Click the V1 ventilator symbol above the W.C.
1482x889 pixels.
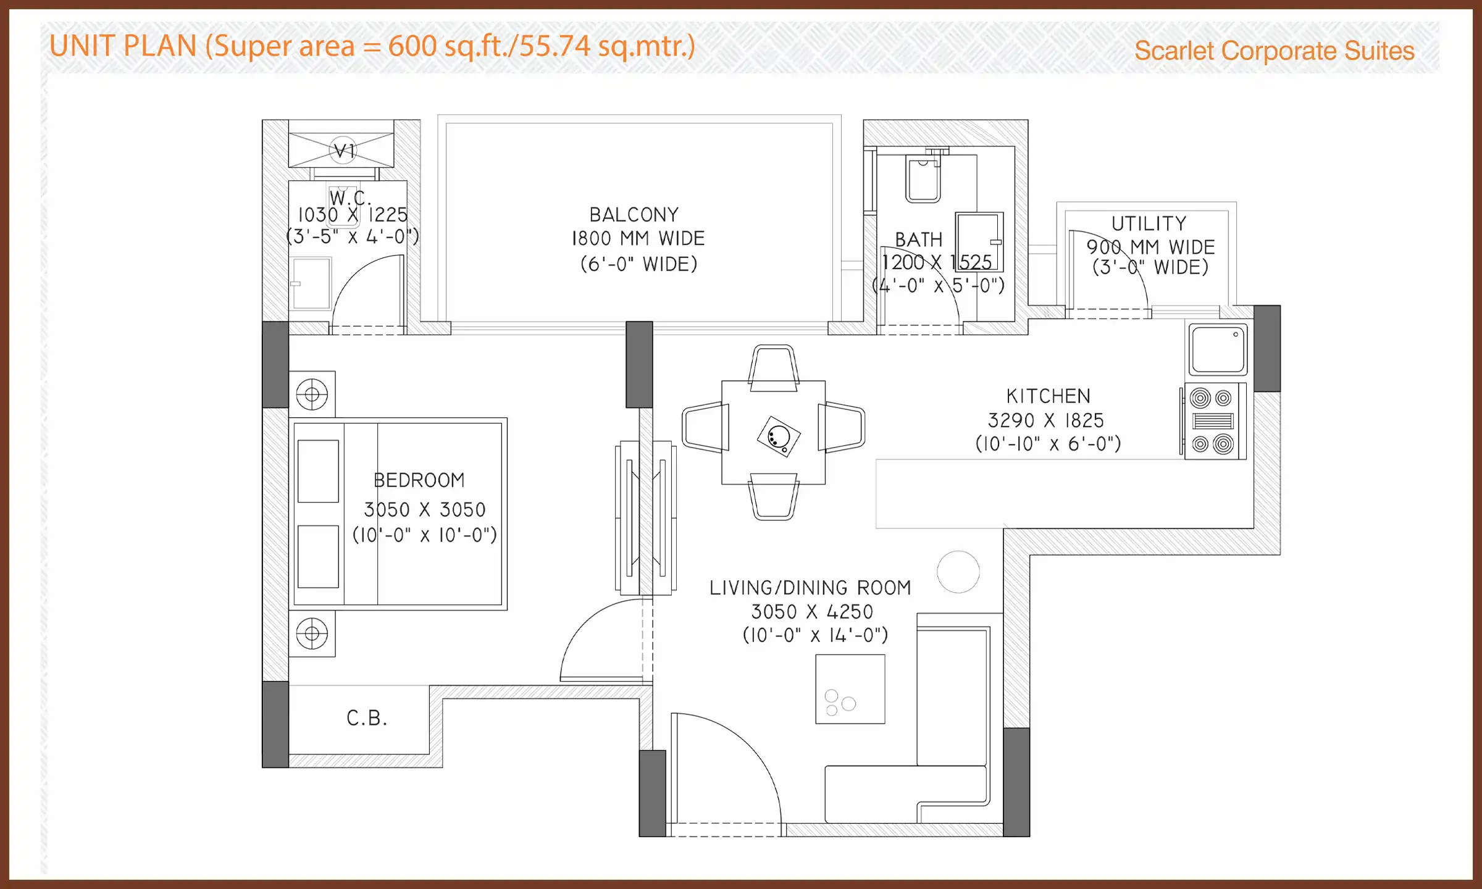tap(343, 150)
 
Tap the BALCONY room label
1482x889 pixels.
tap(634, 215)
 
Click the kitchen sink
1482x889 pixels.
tap(1218, 349)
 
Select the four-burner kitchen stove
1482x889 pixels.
tap(1212, 421)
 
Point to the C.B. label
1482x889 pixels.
tap(367, 719)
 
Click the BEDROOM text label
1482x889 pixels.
tap(419, 480)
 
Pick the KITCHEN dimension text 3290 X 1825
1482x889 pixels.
tap(1045, 420)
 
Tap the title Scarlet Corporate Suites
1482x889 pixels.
tap(1274, 51)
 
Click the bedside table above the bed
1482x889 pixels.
tap(312, 394)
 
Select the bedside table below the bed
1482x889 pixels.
tap(312, 634)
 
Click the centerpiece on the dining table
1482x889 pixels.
tap(779, 436)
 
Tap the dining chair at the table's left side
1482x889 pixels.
tap(705, 427)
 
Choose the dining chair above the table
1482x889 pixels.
tap(774, 369)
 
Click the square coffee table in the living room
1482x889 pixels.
tap(850, 689)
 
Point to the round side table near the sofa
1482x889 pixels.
tap(958, 572)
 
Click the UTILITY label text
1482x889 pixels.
tap(1149, 223)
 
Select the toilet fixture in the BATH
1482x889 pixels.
tap(923, 180)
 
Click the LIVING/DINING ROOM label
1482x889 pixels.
tap(810, 588)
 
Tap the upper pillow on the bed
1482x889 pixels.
tap(318, 471)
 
